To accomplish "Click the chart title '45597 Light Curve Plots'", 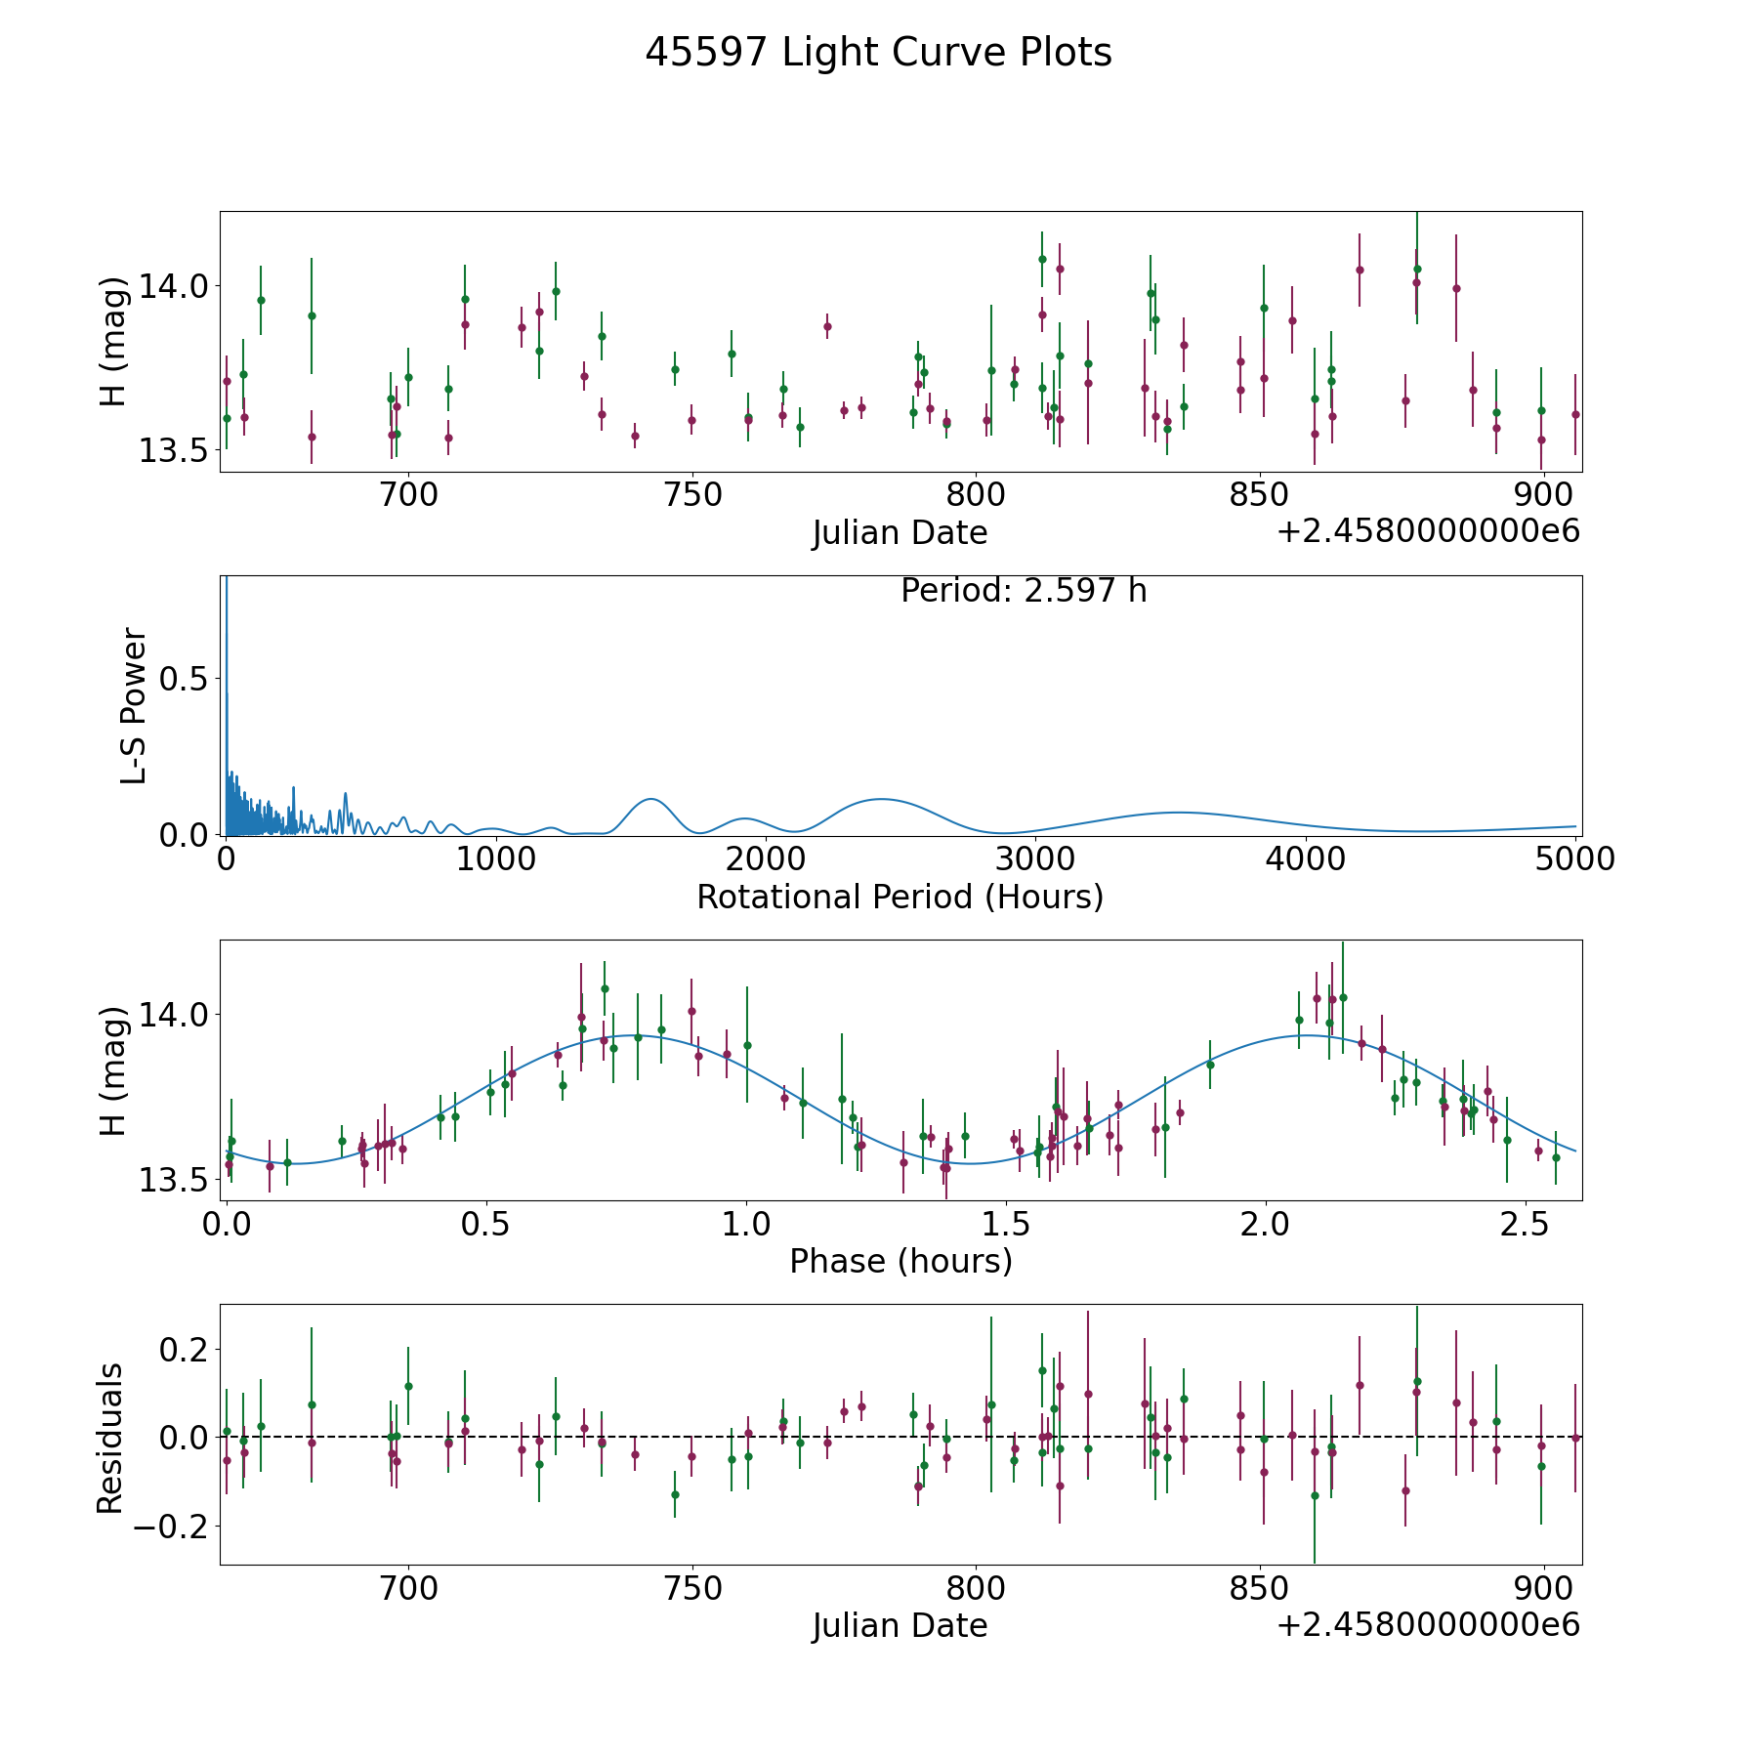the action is pos(878,53).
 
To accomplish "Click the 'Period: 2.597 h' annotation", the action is pos(1024,591).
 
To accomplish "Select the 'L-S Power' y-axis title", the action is pos(134,705).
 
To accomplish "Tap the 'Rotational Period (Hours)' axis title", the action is pos(900,897).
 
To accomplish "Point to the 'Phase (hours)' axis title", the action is pos(900,1261).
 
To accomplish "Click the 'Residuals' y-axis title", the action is pos(110,1438).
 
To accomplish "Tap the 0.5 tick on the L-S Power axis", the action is pos(188,679).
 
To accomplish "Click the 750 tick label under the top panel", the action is pos(692,494).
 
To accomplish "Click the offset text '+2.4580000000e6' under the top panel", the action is pos(1428,532).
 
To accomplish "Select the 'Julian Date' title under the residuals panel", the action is pos(900,1625).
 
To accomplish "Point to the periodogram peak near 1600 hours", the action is pos(650,799).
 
